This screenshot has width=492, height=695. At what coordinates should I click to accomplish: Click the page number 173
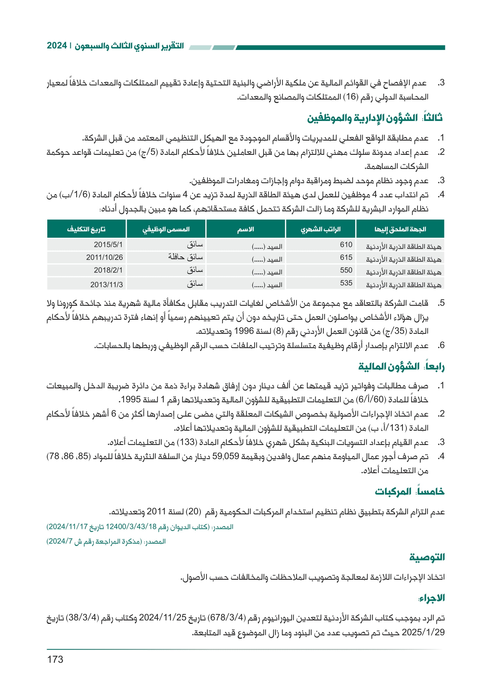point(55,659)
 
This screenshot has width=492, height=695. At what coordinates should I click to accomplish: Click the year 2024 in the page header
point(57,46)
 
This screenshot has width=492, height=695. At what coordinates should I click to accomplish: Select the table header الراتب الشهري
point(321,229)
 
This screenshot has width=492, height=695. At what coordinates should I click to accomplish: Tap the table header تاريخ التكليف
point(86,229)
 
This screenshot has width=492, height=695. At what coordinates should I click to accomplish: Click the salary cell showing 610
point(346,245)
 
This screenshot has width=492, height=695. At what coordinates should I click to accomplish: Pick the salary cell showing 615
point(346,257)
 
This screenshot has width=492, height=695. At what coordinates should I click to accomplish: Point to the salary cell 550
point(346,270)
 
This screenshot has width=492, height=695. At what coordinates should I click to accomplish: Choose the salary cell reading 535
point(346,283)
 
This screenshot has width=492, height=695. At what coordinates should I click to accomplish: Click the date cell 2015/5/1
point(108,245)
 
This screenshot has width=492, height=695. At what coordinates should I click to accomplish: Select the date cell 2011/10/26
point(104,258)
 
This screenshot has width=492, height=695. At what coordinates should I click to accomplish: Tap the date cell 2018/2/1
point(108,270)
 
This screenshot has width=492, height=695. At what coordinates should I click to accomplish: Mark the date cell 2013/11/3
point(107,285)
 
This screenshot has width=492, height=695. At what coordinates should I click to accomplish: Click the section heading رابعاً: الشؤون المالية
point(401,367)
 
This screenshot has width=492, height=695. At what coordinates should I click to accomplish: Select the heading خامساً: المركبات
point(410,491)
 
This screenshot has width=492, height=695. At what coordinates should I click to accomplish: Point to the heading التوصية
point(427,557)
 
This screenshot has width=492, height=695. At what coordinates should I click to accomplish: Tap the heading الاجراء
point(431,598)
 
